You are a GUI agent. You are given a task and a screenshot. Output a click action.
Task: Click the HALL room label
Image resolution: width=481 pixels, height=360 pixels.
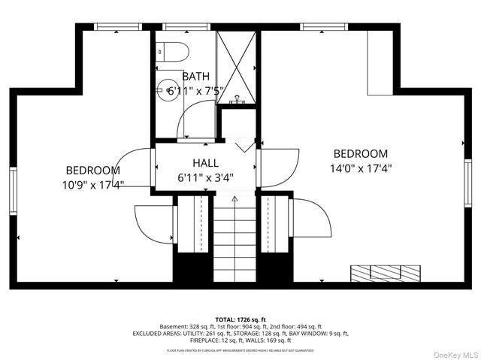205,163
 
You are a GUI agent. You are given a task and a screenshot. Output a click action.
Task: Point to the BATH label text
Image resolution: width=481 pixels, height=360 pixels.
195,77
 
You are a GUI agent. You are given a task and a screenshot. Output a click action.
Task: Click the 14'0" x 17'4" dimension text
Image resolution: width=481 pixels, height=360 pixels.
361,169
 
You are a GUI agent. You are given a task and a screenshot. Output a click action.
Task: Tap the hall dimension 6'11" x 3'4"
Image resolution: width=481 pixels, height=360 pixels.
205,178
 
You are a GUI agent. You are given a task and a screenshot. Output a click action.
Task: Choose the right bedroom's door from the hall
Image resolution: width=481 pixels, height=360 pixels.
280,167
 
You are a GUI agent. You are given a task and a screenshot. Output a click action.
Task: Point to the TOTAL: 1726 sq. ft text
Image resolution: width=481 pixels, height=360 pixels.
240,319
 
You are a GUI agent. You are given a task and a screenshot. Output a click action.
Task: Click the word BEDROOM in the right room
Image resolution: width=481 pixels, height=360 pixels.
361,154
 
